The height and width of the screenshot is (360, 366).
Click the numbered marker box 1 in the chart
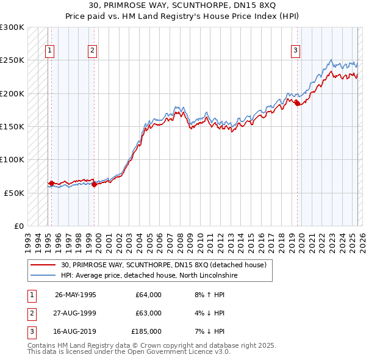click(49, 51)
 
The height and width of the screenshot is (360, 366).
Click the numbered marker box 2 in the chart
click(92, 51)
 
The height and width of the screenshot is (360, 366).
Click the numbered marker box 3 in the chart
click(295, 51)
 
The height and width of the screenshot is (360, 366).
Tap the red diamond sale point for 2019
click(297, 104)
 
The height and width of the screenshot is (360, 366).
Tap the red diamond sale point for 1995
click(51, 183)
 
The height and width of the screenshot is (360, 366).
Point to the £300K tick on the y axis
click(13, 27)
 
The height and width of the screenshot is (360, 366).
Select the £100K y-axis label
click(13, 159)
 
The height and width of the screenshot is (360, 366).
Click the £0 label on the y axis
click(18, 226)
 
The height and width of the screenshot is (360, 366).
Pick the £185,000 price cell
click(146, 331)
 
